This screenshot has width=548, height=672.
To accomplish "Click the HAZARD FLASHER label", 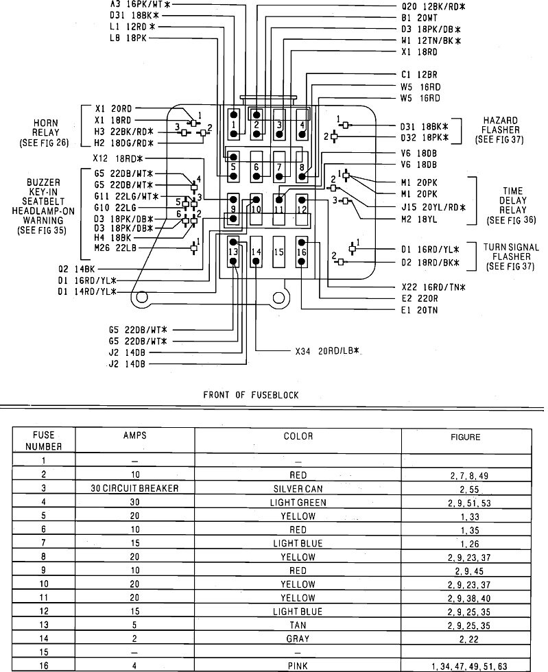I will (501, 130).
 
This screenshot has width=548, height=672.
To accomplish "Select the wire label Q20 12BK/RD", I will (433, 6).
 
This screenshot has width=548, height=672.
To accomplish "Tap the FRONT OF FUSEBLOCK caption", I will (250, 395).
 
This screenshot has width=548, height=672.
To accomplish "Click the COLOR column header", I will (298, 436).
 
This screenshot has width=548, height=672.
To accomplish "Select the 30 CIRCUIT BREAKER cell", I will (134, 489).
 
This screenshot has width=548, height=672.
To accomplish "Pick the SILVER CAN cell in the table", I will (298, 489).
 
